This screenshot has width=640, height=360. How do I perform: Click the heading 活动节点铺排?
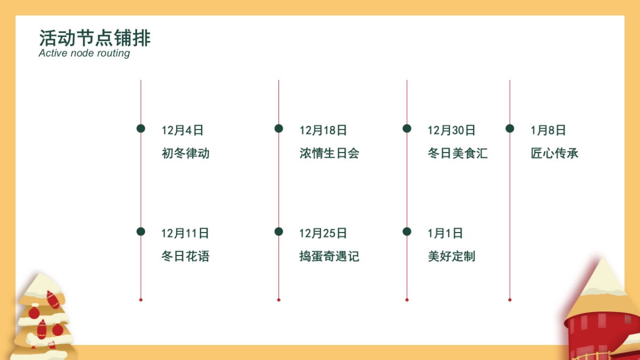(95, 38)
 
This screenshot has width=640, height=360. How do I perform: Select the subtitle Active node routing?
(84, 53)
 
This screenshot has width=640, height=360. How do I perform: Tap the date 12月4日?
(182, 130)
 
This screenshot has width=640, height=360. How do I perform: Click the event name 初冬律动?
(186, 154)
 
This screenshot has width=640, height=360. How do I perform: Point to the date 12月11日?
(185, 233)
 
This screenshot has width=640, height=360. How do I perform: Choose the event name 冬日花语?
(186, 257)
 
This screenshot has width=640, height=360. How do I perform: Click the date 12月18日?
(323, 130)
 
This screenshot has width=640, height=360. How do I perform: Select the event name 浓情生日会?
(329, 154)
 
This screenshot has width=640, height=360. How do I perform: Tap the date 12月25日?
(323, 233)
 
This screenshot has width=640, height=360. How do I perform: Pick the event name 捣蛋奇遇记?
(329, 257)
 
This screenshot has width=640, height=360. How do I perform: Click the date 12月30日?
(451, 130)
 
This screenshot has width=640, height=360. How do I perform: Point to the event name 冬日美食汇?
(458, 154)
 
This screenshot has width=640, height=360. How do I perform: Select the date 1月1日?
(445, 233)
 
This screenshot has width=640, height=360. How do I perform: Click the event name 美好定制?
(451, 257)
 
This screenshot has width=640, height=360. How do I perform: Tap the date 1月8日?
(548, 130)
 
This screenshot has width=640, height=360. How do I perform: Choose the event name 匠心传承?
(555, 154)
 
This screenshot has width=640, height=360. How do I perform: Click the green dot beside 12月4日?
(141, 129)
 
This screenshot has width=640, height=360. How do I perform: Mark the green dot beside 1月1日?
(407, 231)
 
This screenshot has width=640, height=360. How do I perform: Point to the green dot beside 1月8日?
(510, 129)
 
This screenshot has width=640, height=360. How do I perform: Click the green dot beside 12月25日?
(278, 231)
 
